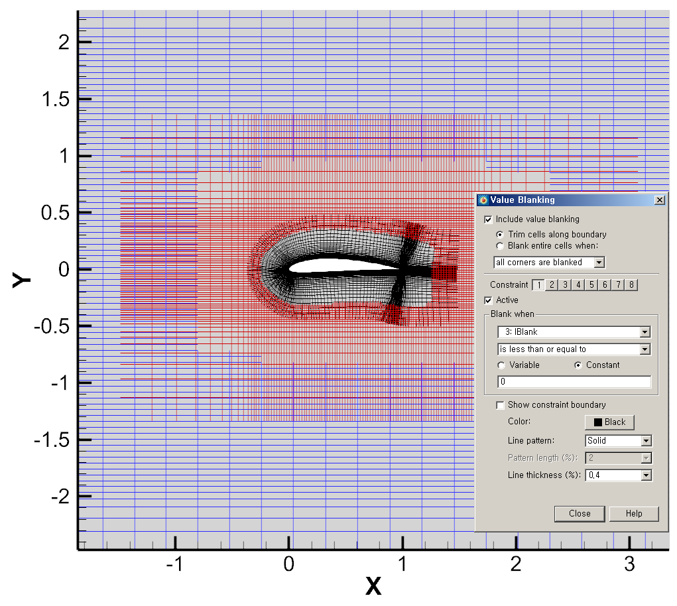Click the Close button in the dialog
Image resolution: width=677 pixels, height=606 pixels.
pyautogui.click(x=579, y=514)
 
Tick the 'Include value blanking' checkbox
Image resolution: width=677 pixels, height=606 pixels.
pyautogui.click(x=489, y=219)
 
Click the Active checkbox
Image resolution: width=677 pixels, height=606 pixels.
pyautogui.click(x=489, y=300)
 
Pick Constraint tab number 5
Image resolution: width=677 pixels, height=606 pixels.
pyautogui.click(x=590, y=285)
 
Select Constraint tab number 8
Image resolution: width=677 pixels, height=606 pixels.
pyautogui.click(x=632, y=285)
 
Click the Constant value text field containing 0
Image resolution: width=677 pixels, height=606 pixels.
pyautogui.click(x=574, y=382)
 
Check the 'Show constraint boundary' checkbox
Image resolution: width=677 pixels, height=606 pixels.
pyautogui.click(x=500, y=405)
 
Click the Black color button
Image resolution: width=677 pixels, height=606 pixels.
pyautogui.click(x=609, y=422)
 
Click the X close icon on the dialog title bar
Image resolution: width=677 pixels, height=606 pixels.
pyautogui.click(x=659, y=200)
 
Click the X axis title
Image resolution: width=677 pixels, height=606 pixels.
pyautogui.click(x=374, y=585)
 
